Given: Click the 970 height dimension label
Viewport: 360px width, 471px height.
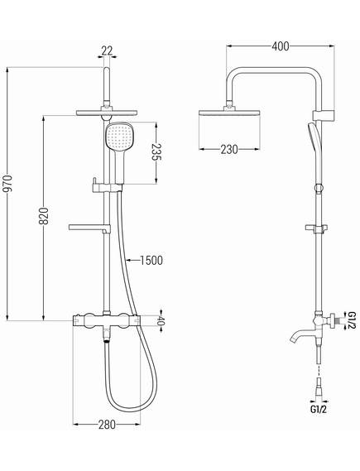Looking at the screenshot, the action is [8, 183].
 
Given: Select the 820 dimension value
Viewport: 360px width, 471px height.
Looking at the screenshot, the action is [44, 216].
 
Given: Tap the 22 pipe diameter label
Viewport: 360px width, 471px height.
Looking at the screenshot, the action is [107, 50].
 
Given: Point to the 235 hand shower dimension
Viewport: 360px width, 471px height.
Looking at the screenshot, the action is [156, 152].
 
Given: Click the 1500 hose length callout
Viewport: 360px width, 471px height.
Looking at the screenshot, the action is [151, 261].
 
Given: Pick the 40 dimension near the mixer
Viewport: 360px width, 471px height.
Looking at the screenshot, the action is [161, 321].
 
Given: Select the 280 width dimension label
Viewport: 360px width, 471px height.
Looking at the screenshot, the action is [107, 425].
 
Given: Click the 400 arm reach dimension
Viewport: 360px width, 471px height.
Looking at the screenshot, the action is [281, 46].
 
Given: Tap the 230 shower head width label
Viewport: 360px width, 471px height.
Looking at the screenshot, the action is [229, 149].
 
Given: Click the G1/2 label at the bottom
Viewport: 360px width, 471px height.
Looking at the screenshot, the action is [319, 410].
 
